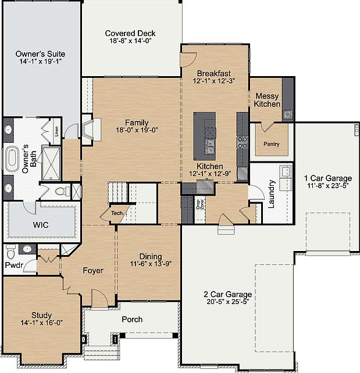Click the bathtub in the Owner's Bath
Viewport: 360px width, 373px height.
12,159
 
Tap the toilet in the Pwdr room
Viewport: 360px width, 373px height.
10,254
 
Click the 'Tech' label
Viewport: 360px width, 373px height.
117,213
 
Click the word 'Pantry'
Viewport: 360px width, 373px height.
272,144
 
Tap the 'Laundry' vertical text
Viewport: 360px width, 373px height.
272,197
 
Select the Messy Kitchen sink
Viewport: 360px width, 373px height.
287,114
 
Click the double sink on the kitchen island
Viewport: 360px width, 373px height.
209,146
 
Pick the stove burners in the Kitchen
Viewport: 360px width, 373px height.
243,142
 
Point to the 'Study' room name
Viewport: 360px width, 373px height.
41,299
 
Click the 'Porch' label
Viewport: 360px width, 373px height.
132,320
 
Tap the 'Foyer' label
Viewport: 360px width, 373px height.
93,271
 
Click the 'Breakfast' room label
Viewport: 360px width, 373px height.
213,73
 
